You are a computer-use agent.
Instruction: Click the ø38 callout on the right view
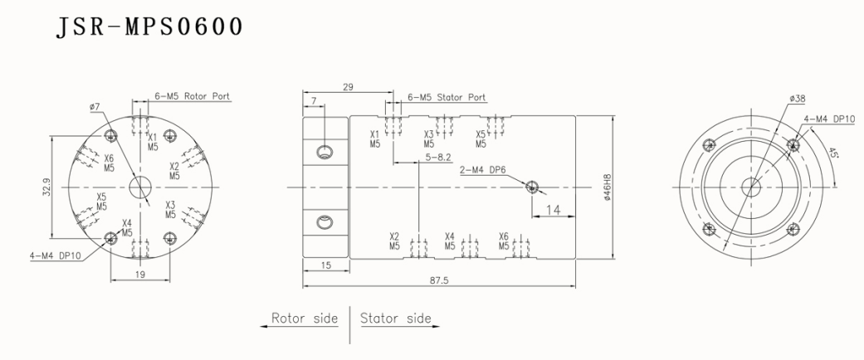[798, 99]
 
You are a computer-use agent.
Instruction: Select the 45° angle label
[833, 154]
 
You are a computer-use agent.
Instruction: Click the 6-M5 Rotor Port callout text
[193, 96]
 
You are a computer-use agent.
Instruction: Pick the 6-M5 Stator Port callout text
[447, 97]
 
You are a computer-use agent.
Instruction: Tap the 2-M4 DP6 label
[482, 173]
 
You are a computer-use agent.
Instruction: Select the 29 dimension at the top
[348, 86]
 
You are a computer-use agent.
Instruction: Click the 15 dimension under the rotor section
[325, 265]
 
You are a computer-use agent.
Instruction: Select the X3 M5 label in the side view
[429, 138]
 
